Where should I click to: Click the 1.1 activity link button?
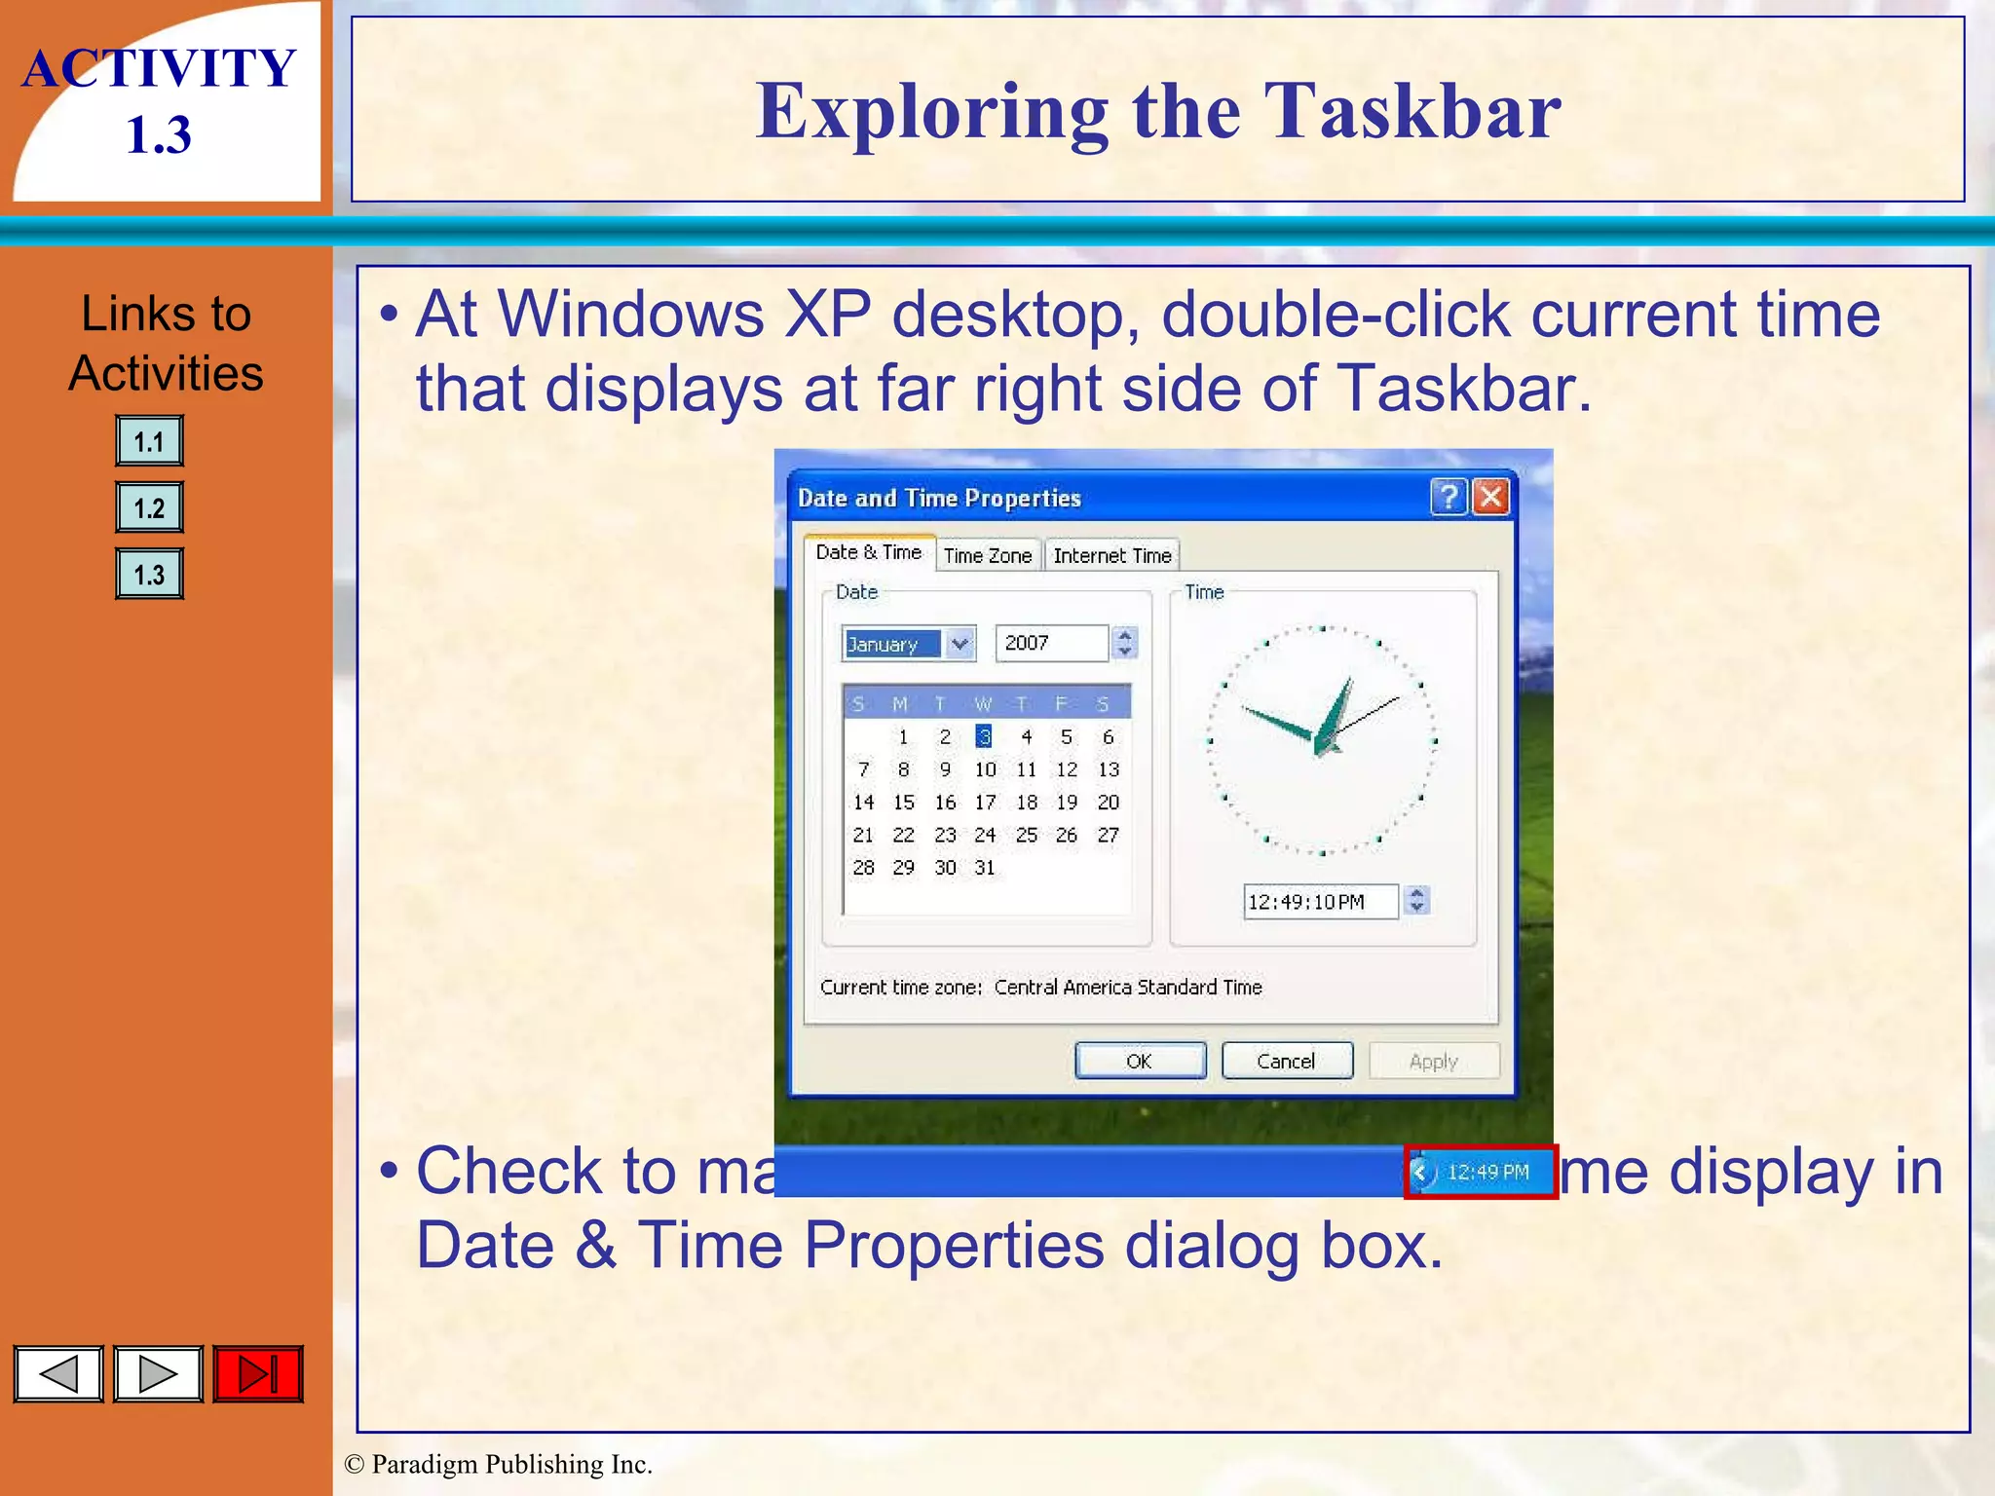[x=149, y=441]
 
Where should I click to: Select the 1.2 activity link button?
[x=149, y=507]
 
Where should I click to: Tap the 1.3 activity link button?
[x=149, y=574]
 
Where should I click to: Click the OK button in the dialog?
[x=1140, y=1061]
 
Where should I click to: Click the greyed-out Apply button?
[x=1433, y=1061]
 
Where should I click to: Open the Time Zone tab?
[x=987, y=555]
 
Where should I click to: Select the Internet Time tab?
[x=1111, y=555]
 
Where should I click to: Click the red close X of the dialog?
[x=1490, y=497]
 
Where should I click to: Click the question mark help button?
[x=1449, y=497]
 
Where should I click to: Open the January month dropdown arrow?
[x=960, y=644]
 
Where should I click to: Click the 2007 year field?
[x=1050, y=644]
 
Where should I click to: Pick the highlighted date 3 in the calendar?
[x=985, y=736]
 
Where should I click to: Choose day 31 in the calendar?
[x=985, y=867]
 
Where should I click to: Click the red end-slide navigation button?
[x=258, y=1374]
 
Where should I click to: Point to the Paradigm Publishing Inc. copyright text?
[x=499, y=1464]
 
